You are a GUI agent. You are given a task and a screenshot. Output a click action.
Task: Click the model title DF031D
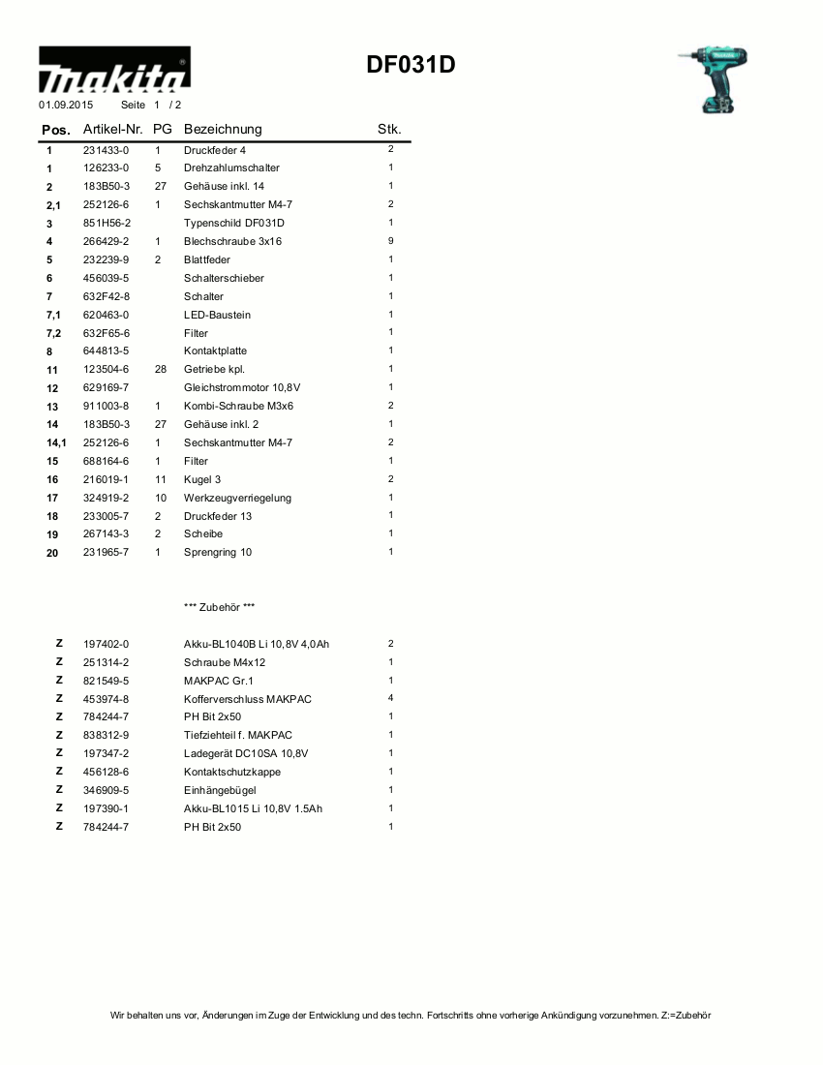click(x=411, y=65)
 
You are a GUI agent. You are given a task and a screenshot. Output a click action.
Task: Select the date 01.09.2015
click(x=66, y=104)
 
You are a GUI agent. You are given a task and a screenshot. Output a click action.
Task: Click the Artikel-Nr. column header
click(x=113, y=129)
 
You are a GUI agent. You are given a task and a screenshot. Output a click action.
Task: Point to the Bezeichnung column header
click(x=223, y=129)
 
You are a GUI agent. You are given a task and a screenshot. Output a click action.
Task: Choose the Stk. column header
click(x=389, y=129)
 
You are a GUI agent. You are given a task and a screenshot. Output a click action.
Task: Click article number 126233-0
click(x=106, y=168)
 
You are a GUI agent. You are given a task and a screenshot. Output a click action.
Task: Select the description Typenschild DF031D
click(x=234, y=223)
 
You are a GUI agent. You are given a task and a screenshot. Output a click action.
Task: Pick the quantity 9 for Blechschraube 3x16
click(x=391, y=241)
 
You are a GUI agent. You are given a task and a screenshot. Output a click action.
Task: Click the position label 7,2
click(x=53, y=333)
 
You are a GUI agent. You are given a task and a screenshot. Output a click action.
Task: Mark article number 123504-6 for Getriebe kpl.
click(x=106, y=370)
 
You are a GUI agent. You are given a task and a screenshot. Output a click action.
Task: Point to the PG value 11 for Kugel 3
click(x=161, y=479)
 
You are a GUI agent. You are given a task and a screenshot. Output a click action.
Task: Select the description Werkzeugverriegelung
click(x=237, y=498)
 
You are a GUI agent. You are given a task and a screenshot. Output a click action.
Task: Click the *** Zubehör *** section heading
click(x=219, y=607)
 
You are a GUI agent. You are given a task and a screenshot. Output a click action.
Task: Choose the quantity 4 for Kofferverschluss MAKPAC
click(x=391, y=698)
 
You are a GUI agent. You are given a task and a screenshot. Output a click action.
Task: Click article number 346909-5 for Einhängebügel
click(x=106, y=790)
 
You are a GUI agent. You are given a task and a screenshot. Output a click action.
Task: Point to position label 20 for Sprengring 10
click(x=52, y=553)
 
